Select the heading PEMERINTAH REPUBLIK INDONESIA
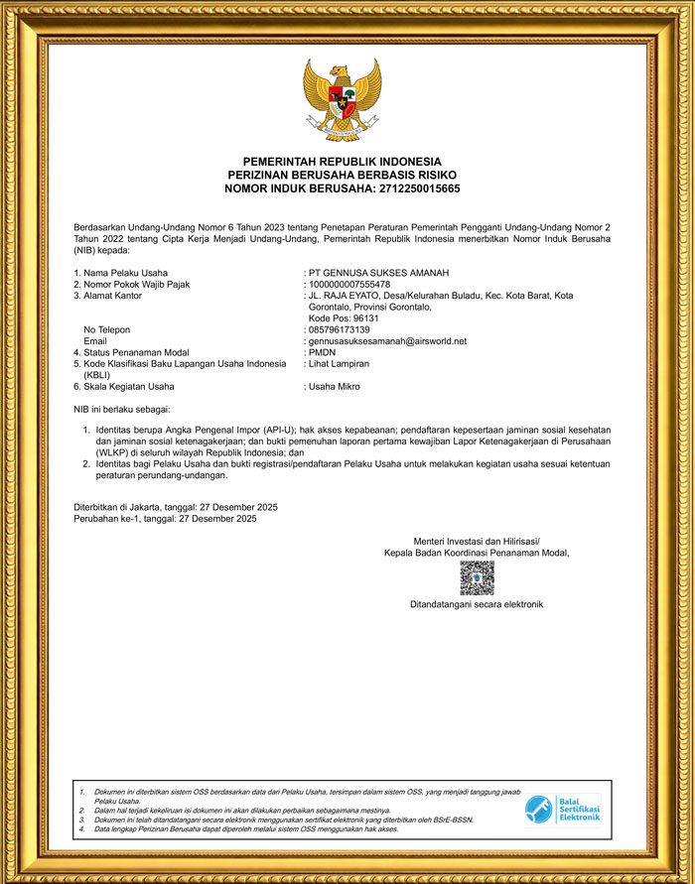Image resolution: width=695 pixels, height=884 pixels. (x=343, y=162)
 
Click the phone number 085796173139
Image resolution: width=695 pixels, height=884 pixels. (x=340, y=329)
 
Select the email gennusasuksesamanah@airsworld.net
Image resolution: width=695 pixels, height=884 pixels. (x=387, y=341)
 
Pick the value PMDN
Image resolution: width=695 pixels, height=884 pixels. (x=323, y=352)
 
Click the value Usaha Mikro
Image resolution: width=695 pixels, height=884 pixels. (x=335, y=386)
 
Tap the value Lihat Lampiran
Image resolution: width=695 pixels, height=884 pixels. (x=342, y=364)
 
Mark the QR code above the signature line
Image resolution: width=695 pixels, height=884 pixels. (x=477, y=577)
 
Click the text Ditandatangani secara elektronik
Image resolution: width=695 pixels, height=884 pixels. (x=477, y=604)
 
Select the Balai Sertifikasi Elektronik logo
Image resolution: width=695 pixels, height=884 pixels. (x=563, y=809)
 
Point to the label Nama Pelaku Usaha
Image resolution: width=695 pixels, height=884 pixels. (x=125, y=273)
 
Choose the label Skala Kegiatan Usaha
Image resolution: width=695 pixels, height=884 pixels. (x=129, y=386)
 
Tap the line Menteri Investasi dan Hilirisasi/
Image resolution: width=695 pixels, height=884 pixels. (x=477, y=540)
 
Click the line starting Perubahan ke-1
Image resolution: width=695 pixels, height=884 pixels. (x=165, y=519)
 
